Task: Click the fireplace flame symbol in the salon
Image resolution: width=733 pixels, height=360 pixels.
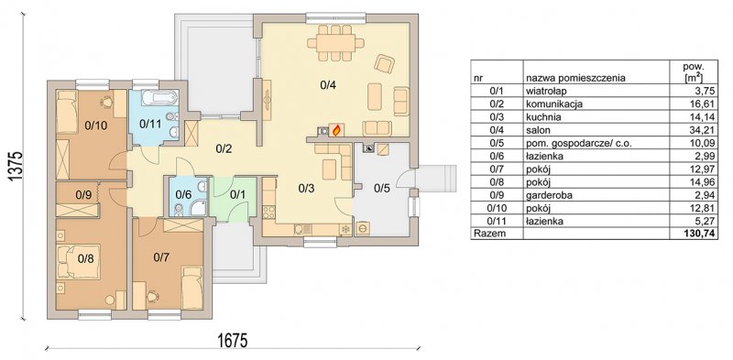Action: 335,130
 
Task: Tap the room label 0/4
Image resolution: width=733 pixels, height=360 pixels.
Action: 329,85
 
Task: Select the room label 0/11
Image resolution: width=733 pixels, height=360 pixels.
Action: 150,125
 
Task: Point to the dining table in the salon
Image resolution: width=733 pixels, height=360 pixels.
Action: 335,43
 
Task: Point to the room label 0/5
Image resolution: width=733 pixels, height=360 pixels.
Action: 381,188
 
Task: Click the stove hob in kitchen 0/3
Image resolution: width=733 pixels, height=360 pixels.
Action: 269,213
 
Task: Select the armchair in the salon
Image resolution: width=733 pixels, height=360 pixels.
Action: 385,63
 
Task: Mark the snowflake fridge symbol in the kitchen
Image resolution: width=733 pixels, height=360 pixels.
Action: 345,229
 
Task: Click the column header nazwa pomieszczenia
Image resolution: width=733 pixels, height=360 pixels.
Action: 576,78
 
